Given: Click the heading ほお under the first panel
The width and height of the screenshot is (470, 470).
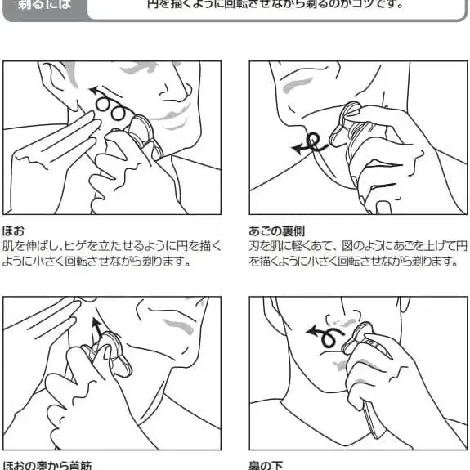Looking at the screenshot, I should pyautogui.click(x=13, y=231).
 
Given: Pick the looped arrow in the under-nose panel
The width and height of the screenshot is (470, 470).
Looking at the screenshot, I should pyautogui.click(x=324, y=333).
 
